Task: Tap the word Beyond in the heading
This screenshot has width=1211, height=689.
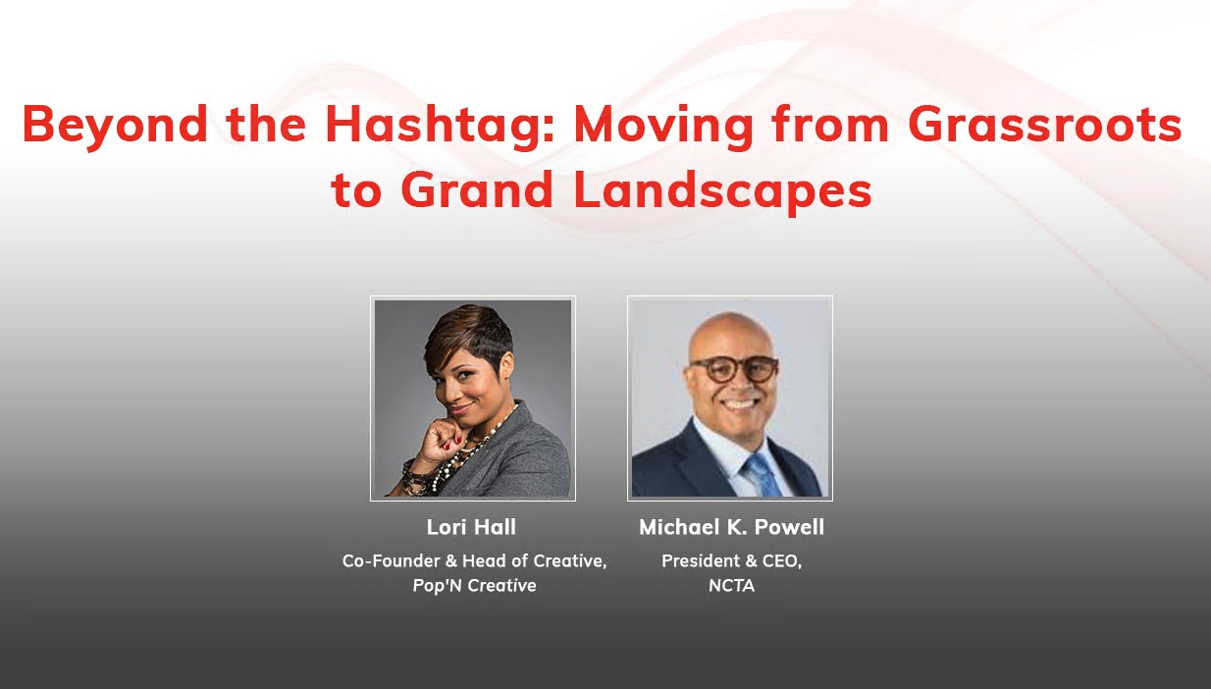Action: (115, 126)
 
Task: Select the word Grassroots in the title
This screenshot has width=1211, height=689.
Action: (1045, 126)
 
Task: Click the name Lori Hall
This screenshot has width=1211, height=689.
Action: (471, 527)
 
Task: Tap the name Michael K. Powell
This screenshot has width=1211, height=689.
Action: (731, 527)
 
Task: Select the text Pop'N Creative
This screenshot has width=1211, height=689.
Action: (474, 586)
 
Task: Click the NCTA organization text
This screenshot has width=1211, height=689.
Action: (731, 586)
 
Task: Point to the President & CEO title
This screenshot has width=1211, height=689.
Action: (731, 561)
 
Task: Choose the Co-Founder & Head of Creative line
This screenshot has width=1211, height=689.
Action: (474, 561)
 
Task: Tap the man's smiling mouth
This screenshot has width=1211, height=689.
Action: (738, 402)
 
